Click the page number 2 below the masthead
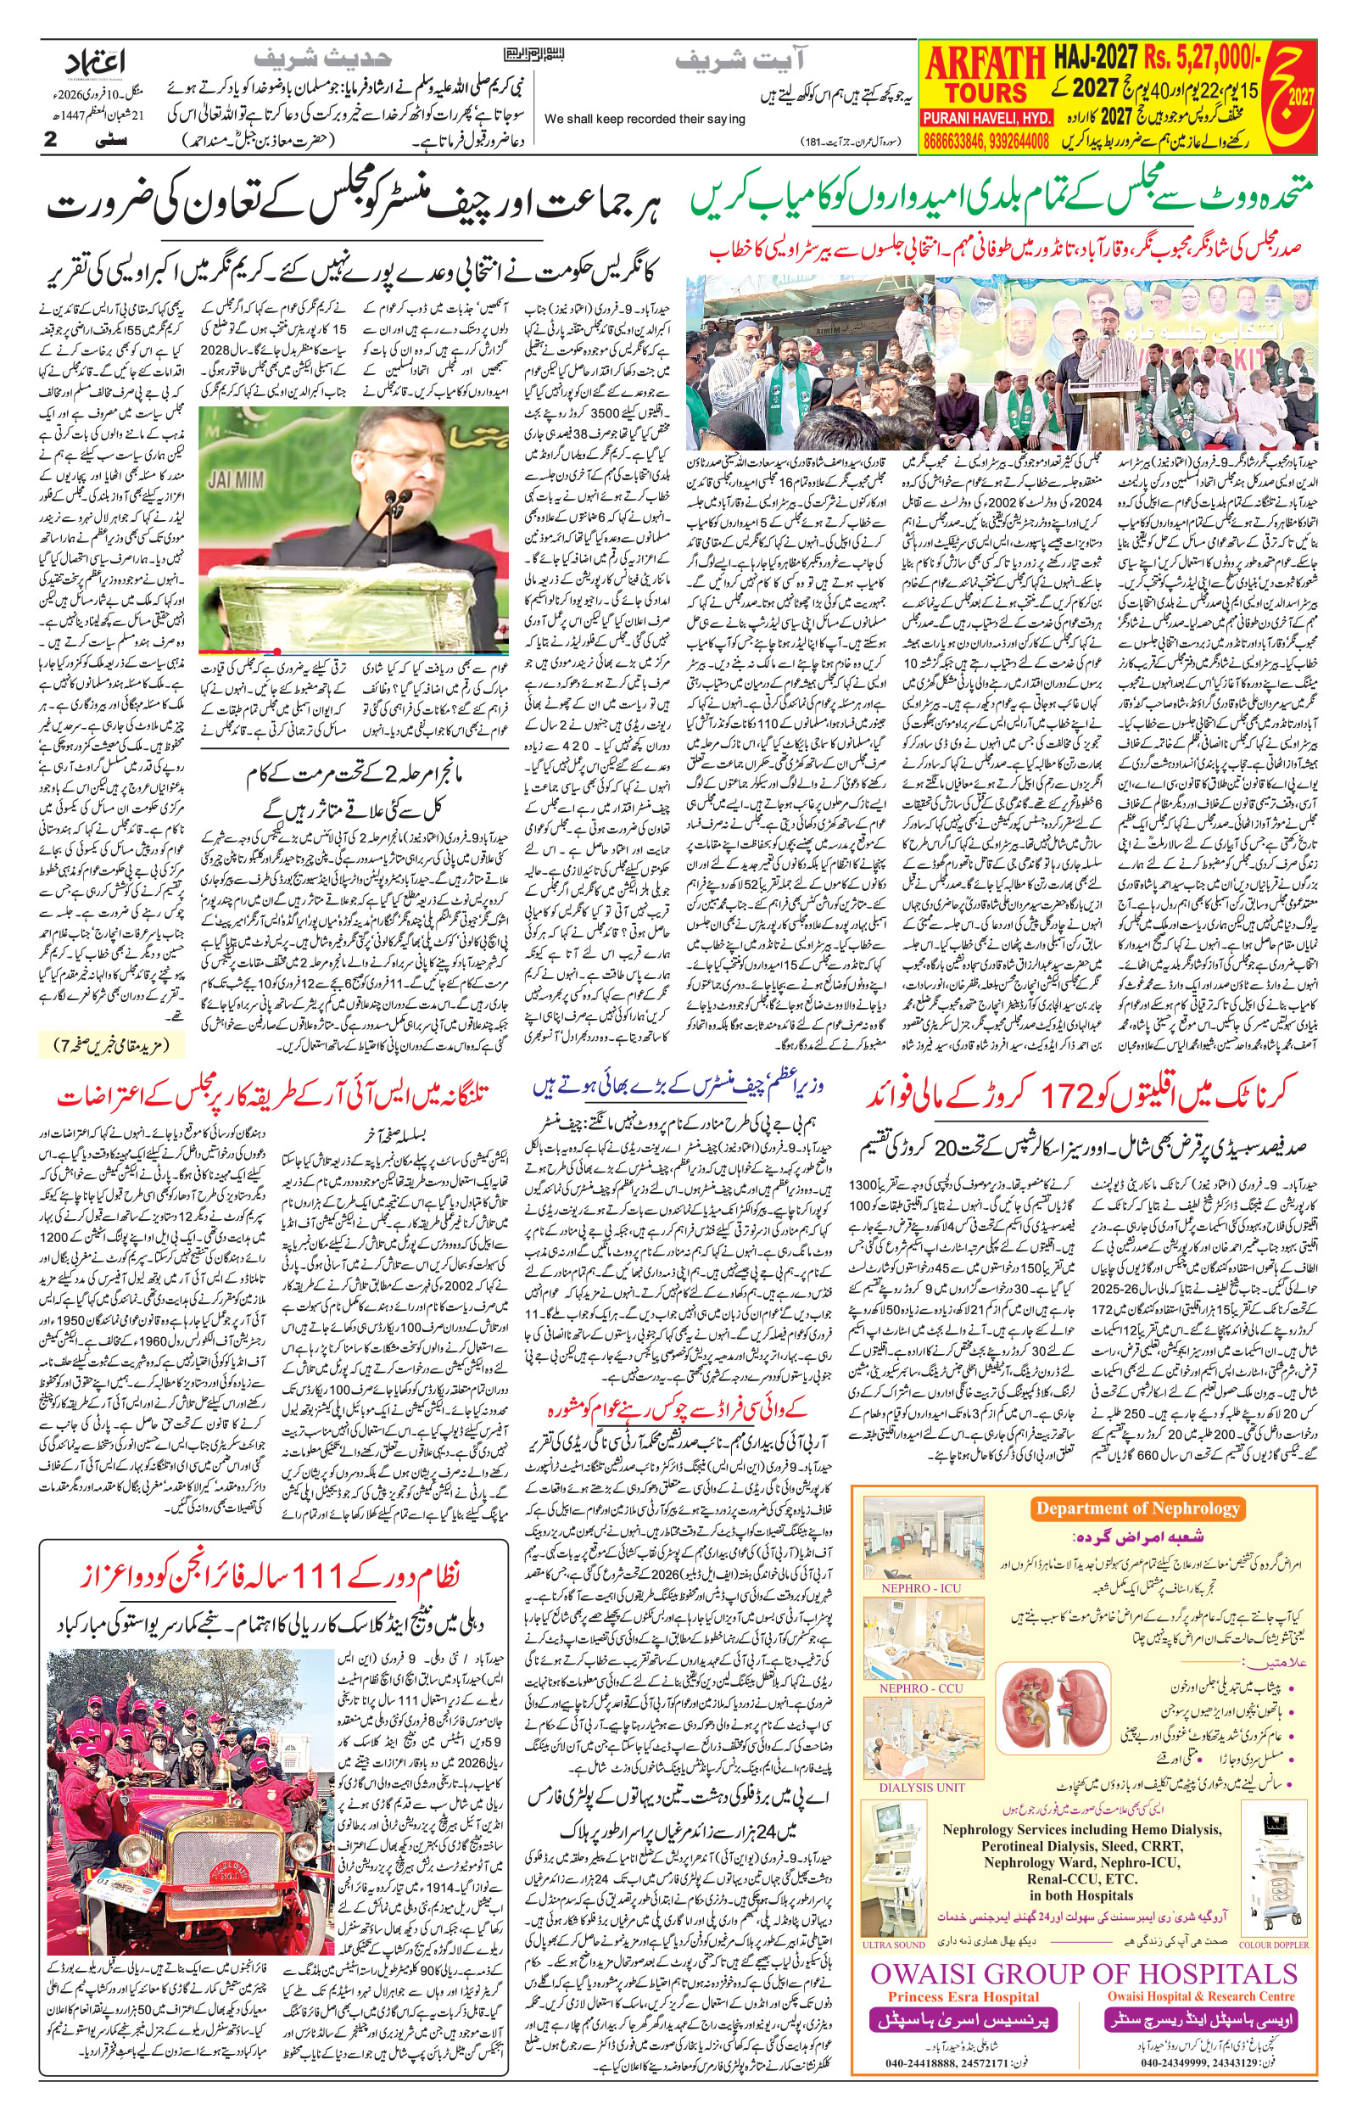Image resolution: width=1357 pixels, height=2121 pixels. coord(51,139)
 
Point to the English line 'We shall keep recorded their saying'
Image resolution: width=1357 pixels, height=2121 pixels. coord(644,119)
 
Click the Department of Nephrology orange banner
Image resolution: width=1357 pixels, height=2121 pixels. coord(1136,1508)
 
